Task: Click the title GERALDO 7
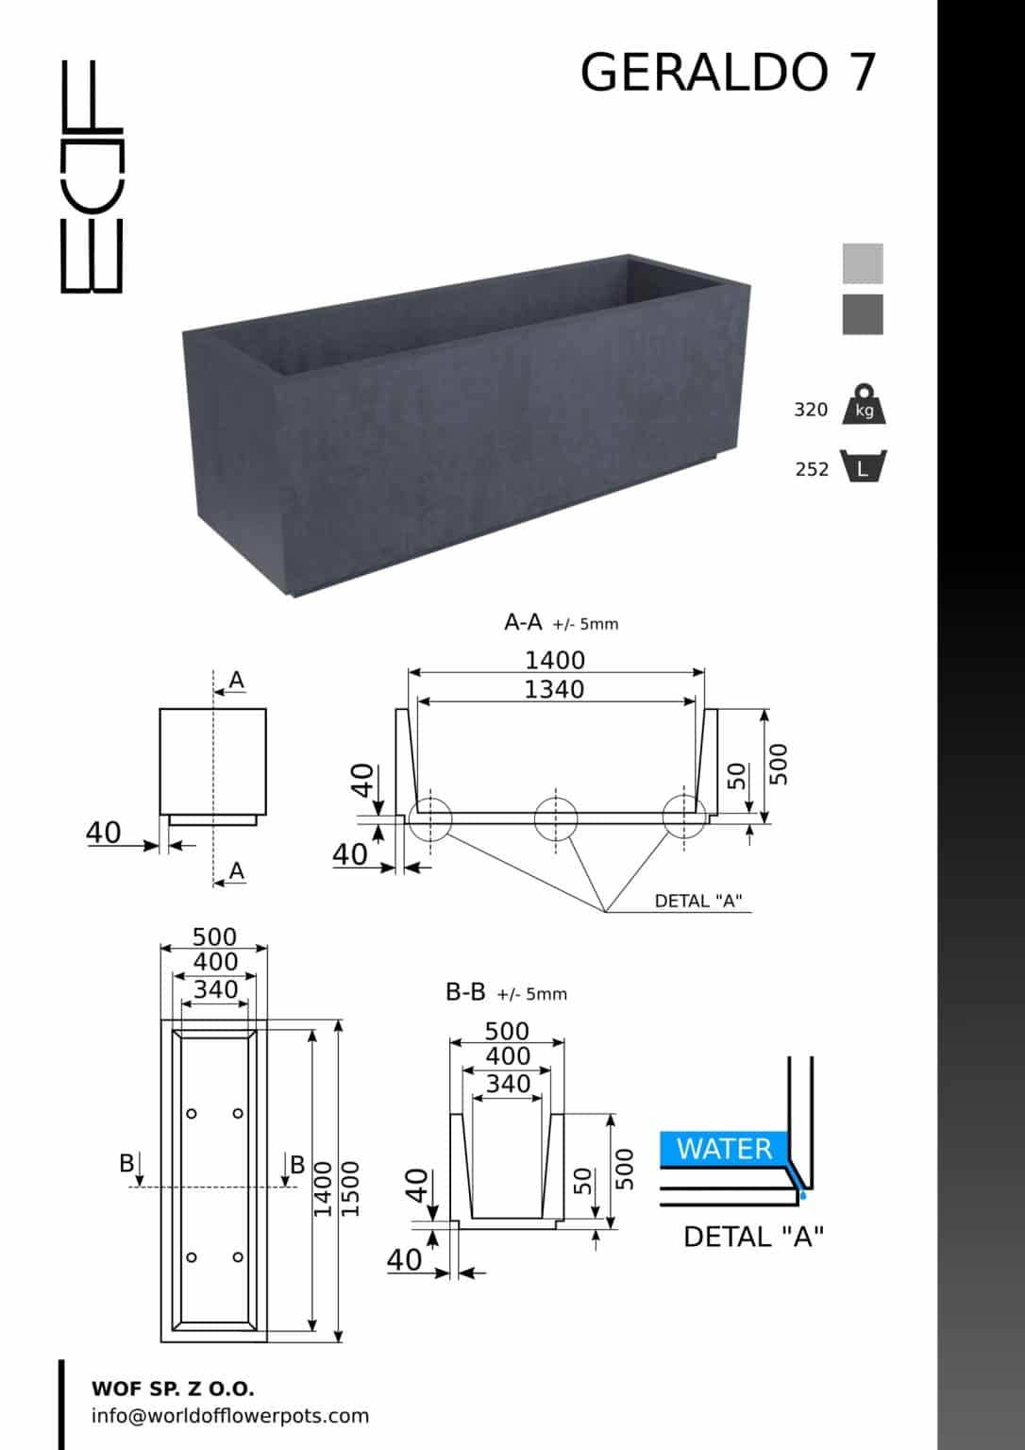pos(728,72)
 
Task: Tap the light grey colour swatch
pos(863,263)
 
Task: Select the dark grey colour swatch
pos(863,314)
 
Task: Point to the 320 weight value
pos(811,410)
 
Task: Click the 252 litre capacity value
pos(812,469)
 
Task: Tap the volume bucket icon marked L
pos(864,466)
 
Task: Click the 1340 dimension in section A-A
pos(554,690)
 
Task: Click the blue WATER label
pos(724,1149)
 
